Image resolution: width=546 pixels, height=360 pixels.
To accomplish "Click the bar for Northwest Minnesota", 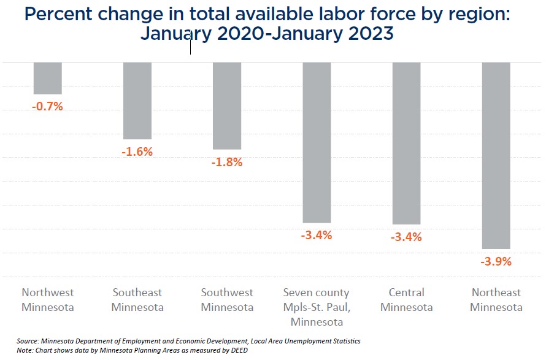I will [47, 78].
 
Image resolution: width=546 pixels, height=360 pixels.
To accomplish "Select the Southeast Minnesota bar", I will [137, 101].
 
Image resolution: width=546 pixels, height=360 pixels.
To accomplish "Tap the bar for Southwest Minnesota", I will [227, 105].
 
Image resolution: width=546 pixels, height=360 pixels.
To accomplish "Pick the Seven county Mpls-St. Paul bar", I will [317, 142].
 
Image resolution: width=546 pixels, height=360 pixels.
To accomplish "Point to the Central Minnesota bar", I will [406, 143].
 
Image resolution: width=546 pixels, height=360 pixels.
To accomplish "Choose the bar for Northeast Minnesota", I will [496, 155].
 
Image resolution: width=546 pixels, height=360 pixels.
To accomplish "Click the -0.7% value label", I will [47, 106].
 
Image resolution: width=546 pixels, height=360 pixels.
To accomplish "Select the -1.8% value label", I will [227, 163].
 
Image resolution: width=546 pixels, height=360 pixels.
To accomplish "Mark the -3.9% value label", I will [496, 261].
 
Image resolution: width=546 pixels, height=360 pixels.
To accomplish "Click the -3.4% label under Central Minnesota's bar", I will [406, 237].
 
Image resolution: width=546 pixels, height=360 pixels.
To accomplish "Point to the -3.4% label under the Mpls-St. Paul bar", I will [317, 235].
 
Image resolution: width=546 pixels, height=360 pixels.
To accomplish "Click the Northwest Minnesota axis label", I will [47, 300].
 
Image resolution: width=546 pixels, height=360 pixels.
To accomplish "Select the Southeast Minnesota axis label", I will [137, 300].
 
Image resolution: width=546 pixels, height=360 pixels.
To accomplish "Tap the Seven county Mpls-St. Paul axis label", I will [317, 307].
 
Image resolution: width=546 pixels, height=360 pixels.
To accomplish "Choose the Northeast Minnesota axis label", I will [496, 300].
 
